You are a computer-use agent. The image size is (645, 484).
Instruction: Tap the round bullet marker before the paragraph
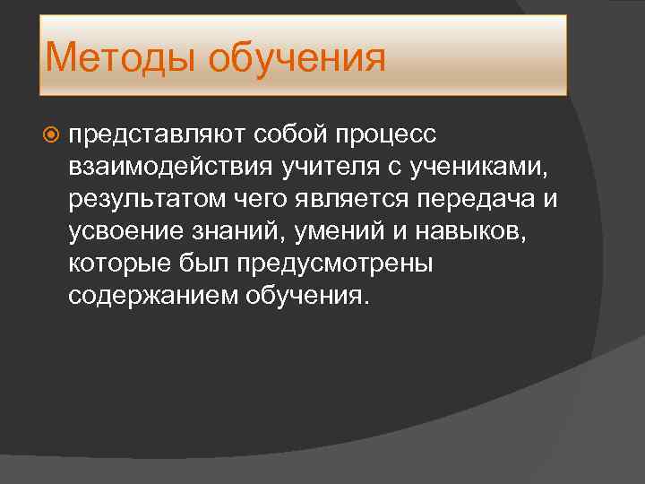(x=52, y=134)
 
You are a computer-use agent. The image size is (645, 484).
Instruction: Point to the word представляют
(x=161, y=134)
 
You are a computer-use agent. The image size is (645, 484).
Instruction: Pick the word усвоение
(x=126, y=231)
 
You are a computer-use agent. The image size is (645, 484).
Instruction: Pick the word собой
(x=294, y=134)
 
